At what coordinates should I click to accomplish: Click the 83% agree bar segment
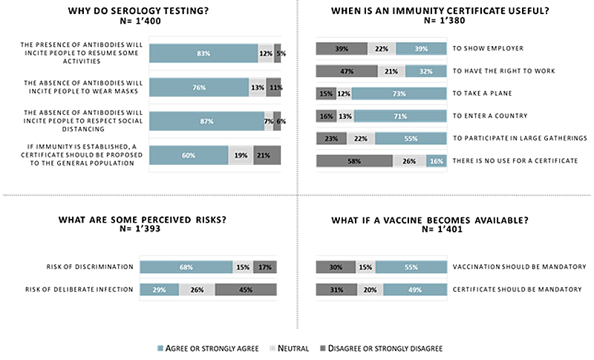pyautogui.click(x=203, y=53)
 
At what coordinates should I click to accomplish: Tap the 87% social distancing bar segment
pyautogui.click(x=206, y=121)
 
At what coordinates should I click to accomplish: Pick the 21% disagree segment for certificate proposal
pyautogui.click(x=267, y=154)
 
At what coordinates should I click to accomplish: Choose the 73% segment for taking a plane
pyautogui.click(x=399, y=94)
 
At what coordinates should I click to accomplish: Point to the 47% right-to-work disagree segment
pyautogui.click(x=346, y=71)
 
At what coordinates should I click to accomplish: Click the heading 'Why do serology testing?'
pyautogui.click(x=148, y=11)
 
